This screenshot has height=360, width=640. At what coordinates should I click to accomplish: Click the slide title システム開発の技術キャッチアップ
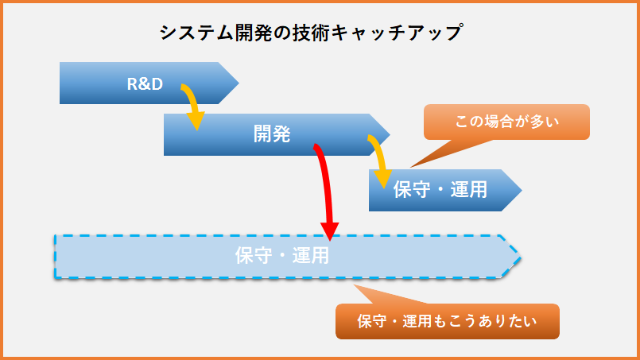click(x=311, y=33)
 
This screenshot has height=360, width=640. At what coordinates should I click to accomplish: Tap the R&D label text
click(x=145, y=83)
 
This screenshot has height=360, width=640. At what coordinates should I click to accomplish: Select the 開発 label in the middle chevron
click(x=272, y=134)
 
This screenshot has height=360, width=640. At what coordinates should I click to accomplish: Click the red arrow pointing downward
click(x=327, y=191)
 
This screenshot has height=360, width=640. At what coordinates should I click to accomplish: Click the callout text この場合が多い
click(x=506, y=122)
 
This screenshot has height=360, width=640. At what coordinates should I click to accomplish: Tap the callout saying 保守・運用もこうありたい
click(x=448, y=321)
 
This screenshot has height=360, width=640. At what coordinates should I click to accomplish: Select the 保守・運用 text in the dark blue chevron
click(x=440, y=189)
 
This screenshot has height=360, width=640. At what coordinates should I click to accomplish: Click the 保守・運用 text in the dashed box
click(x=282, y=256)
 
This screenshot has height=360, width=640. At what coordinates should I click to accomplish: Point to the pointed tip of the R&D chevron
click(x=239, y=83)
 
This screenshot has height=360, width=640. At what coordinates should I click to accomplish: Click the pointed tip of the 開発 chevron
click(x=390, y=134)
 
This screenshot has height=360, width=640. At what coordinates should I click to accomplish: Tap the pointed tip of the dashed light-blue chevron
click(x=521, y=257)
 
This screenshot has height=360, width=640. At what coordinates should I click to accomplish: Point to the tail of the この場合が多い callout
click(x=412, y=167)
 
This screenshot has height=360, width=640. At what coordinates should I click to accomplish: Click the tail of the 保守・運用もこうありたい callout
click(x=355, y=285)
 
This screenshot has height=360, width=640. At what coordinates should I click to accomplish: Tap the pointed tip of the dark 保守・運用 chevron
click(x=522, y=190)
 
